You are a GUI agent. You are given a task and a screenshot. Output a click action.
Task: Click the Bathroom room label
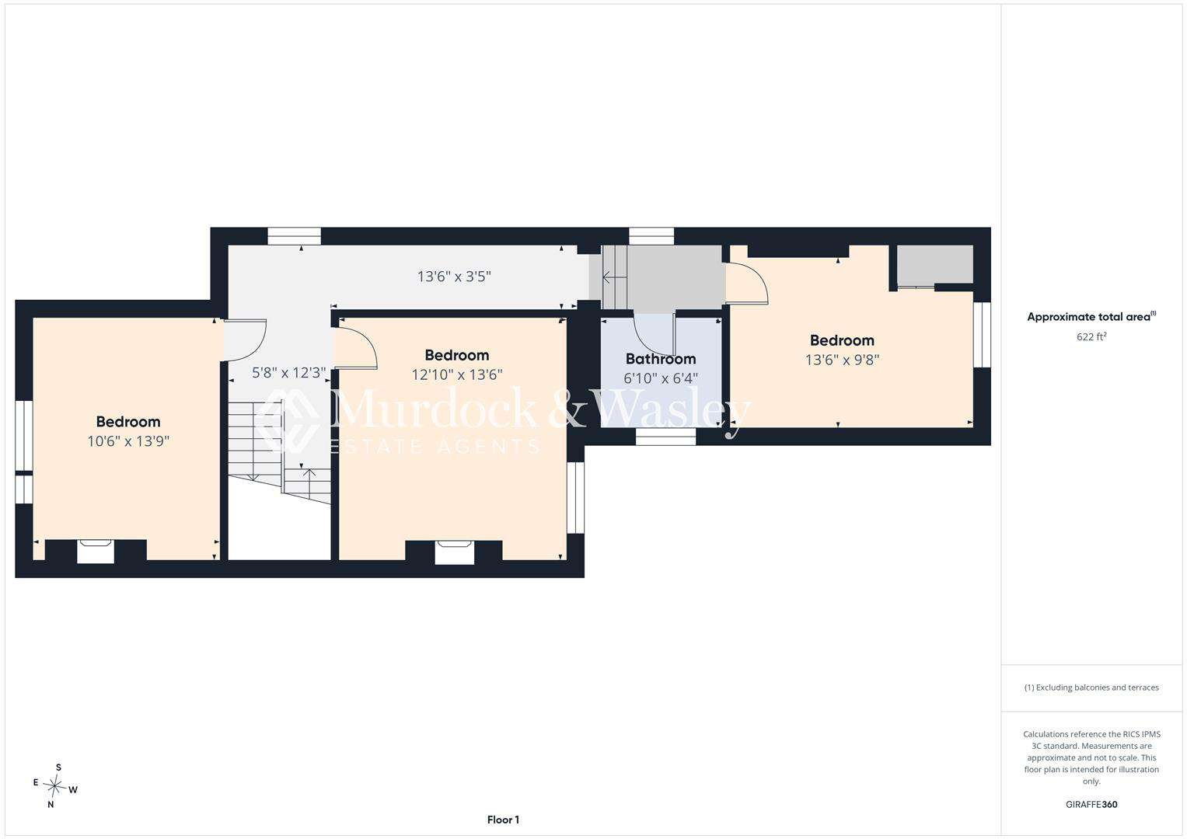[661, 359]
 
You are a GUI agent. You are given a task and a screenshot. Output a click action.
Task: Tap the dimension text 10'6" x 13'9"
[128, 441]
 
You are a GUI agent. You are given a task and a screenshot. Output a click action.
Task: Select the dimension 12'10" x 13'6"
[457, 375]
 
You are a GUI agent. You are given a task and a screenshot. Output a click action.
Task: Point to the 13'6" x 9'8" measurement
[842, 360]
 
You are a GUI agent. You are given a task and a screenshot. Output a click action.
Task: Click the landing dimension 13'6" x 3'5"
[454, 277]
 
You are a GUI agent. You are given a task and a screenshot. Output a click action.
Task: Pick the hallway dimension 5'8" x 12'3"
[289, 373]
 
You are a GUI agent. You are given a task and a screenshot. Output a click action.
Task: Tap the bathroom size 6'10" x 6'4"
[661, 378]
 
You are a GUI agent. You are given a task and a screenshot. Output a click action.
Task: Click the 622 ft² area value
[1091, 336]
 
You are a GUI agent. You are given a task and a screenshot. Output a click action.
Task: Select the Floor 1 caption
[503, 820]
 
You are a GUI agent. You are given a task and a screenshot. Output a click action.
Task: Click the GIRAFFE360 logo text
[1091, 804]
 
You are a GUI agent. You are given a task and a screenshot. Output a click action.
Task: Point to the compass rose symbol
[54, 785]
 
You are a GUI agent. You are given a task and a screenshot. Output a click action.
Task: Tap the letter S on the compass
[59, 768]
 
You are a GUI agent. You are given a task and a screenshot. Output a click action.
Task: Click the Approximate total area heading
[1091, 317]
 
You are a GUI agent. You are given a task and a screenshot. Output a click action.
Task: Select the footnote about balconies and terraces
[1091, 688]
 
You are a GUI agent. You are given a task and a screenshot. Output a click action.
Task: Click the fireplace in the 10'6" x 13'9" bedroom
[96, 552]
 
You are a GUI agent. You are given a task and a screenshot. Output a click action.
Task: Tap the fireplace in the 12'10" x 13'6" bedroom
[455, 552]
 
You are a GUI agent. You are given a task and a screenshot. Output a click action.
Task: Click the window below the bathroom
[665, 437]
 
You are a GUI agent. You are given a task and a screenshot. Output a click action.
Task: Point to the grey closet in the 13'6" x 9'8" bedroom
[935, 264]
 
